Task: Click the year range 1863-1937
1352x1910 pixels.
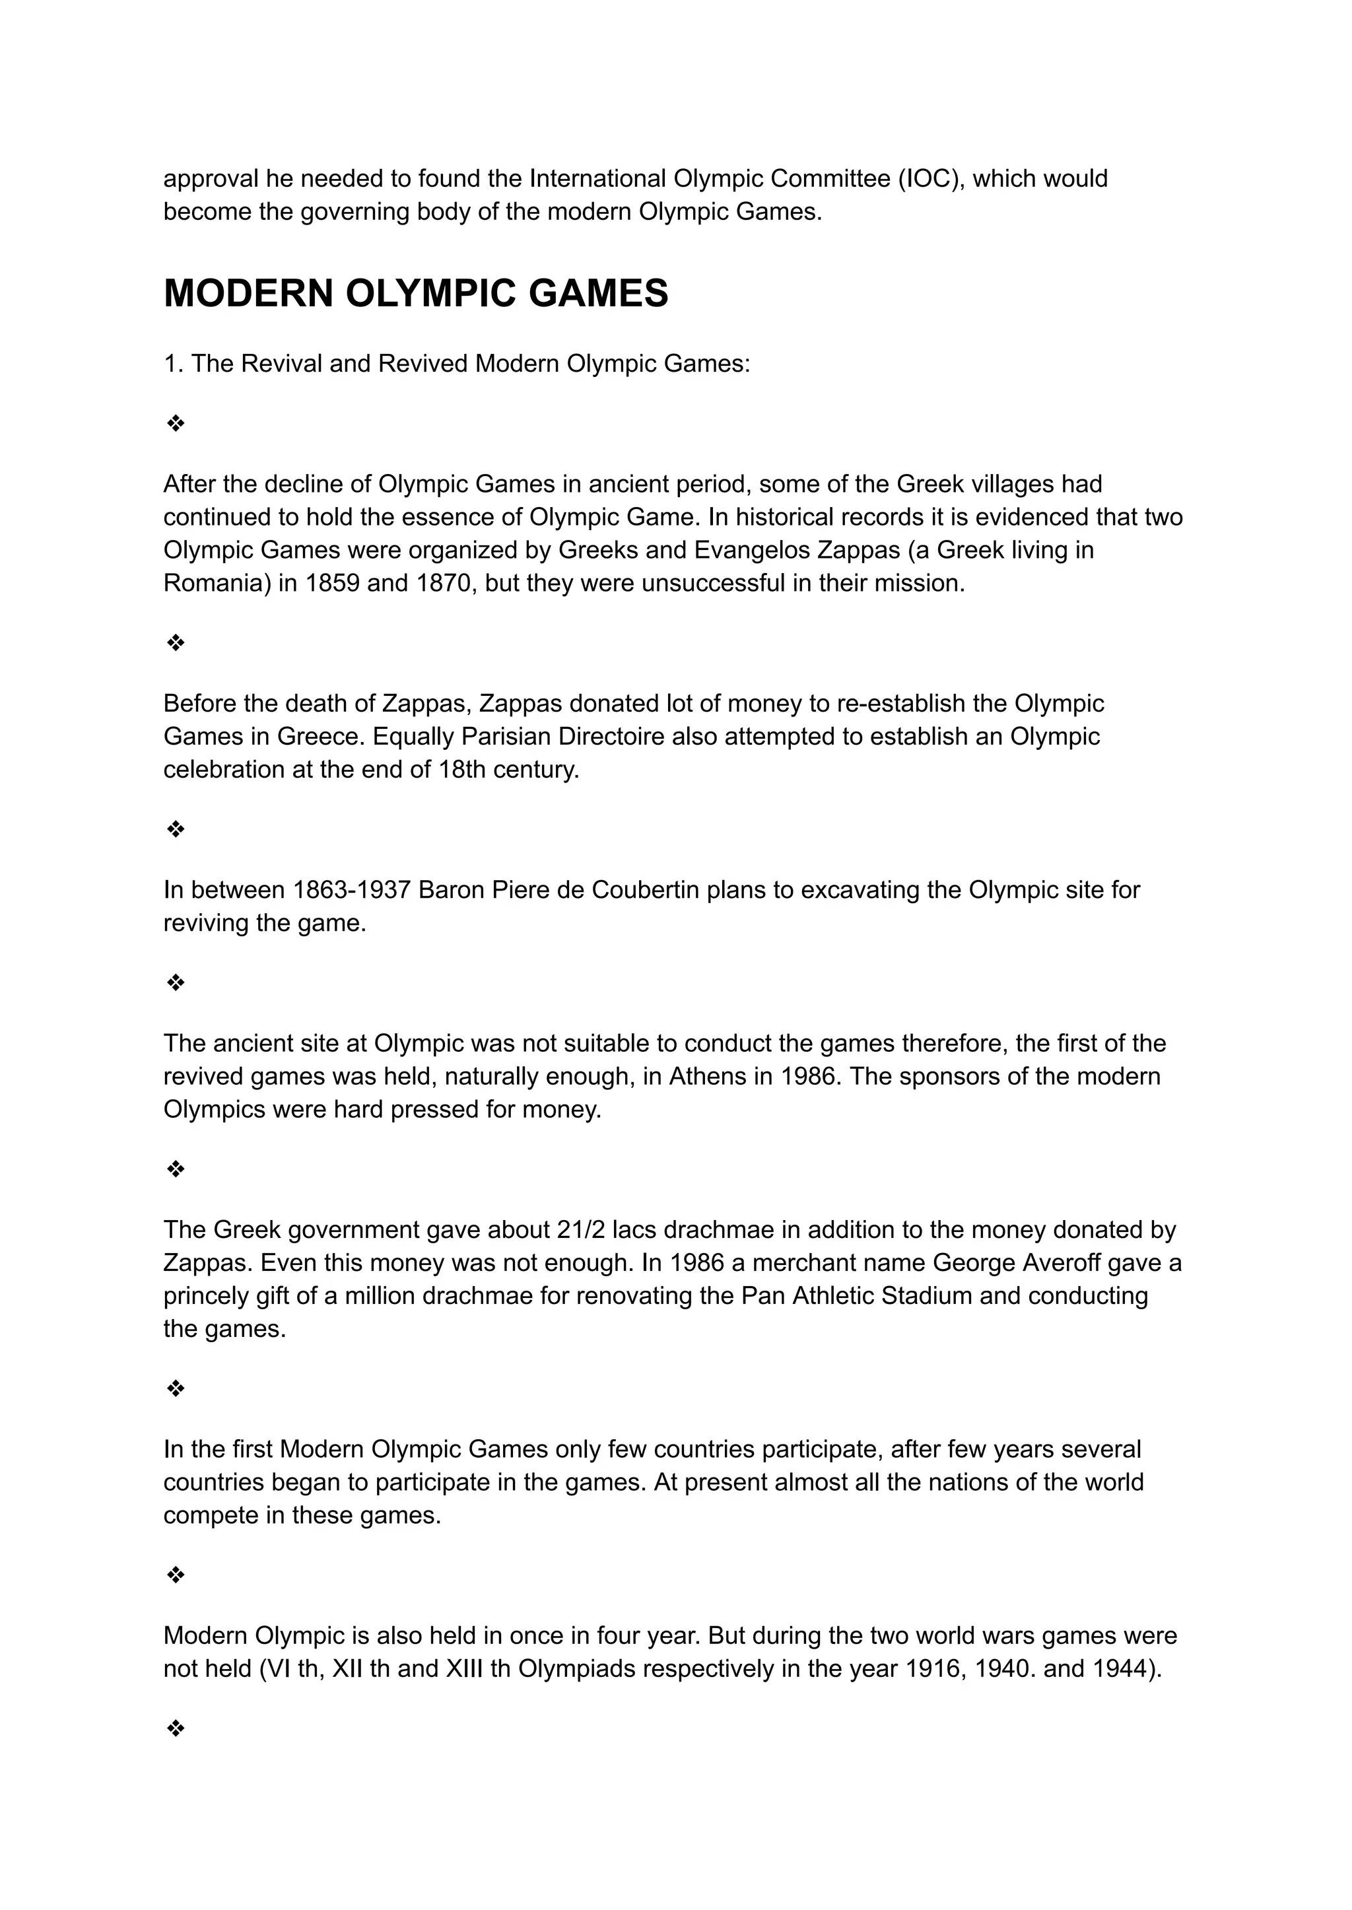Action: point(351,890)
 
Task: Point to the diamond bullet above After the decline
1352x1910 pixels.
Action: point(176,424)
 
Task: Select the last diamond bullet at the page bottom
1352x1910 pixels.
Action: point(176,1729)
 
